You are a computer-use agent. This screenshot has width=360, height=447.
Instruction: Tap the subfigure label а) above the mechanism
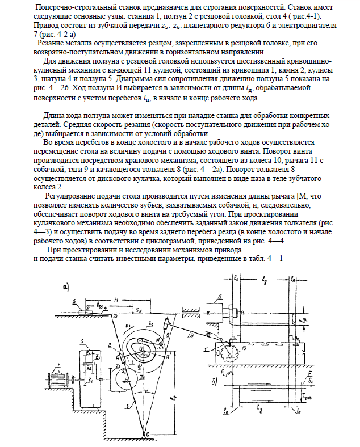pos(66,286)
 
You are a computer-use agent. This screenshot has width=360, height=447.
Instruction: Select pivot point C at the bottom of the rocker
pos(148,433)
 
